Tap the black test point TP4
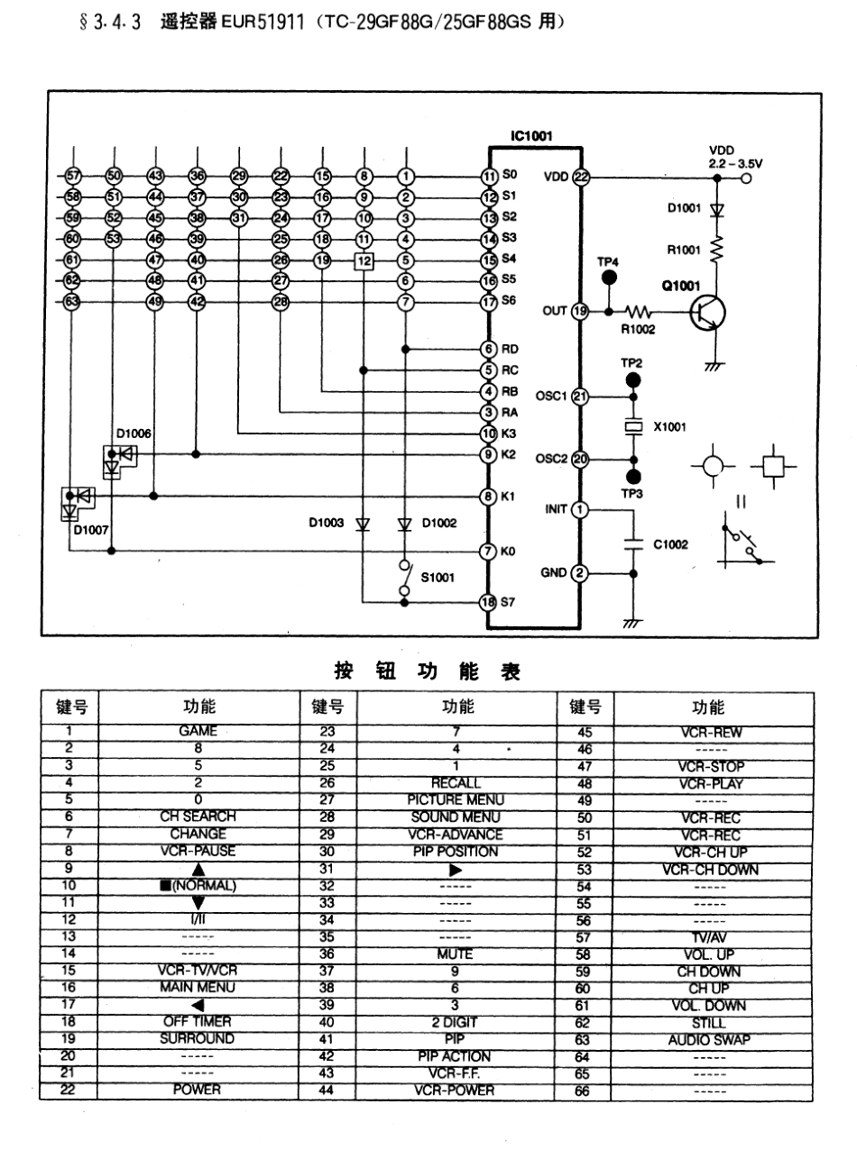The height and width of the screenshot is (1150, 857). click(x=609, y=277)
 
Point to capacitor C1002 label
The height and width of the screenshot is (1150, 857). click(x=671, y=544)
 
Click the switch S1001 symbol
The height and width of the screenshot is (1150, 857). click(x=405, y=578)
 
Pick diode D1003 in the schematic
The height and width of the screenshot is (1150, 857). click(x=363, y=524)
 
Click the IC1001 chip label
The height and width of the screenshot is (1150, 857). click(x=531, y=137)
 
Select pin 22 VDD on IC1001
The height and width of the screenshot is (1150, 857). click(x=581, y=177)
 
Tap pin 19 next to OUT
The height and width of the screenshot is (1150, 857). click(x=581, y=311)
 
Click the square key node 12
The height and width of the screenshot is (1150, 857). click(x=364, y=261)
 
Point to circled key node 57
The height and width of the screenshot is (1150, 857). click(x=74, y=176)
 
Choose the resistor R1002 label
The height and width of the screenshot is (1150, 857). click(x=638, y=330)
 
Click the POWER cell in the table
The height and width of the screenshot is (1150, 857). click(x=198, y=1090)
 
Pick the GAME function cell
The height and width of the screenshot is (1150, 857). click(x=198, y=732)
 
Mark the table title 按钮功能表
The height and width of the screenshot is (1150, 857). click(x=428, y=671)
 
